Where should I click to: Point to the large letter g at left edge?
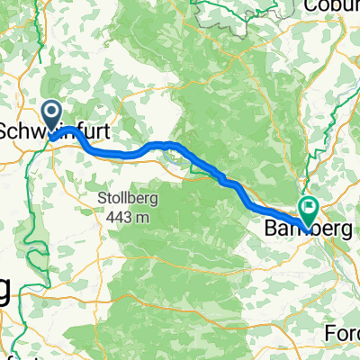point(5,293)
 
